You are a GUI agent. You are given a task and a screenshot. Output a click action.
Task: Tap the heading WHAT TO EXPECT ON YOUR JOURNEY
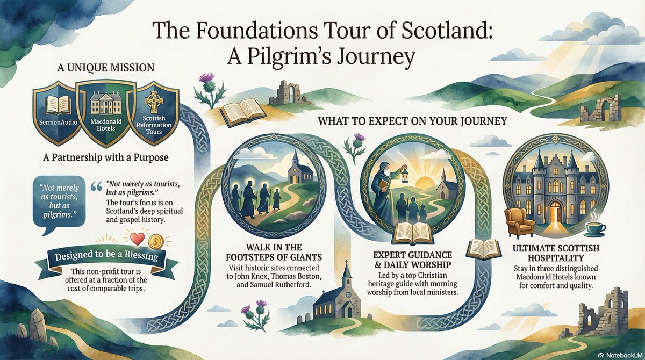412,121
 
